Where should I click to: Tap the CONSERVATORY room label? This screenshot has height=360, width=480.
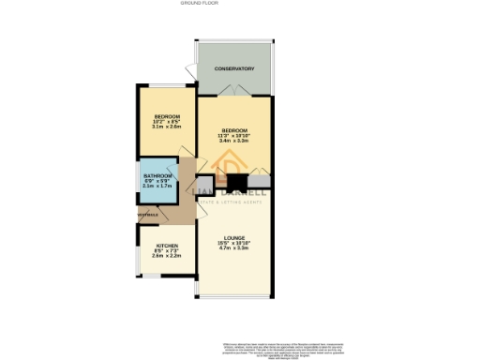click(x=233, y=68)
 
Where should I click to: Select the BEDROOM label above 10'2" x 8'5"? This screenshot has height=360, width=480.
click(x=167, y=115)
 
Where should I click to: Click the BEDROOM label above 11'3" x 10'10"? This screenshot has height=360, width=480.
click(x=234, y=129)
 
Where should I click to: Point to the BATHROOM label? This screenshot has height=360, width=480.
click(x=157, y=175)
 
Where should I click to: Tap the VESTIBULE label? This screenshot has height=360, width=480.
click(x=148, y=216)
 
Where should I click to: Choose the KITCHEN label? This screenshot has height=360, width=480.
click(x=167, y=246)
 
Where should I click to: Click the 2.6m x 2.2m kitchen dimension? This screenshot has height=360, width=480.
click(x=167, y=256)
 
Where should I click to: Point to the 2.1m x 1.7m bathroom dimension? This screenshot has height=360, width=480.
click(x=157, y=186)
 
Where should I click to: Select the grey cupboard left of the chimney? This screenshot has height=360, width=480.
click(x=209, y=183)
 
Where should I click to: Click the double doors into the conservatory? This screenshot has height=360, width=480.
click(x=233, y=89)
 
